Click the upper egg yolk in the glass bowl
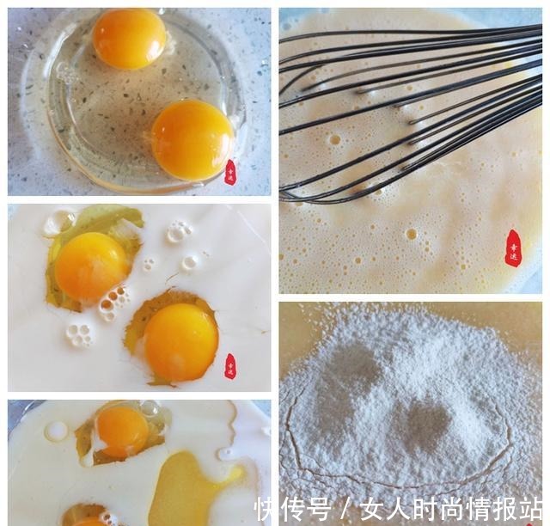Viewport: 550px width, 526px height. pos(129,38)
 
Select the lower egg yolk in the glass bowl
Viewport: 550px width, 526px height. pos(192,140)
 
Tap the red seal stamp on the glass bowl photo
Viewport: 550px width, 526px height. pos(229,172)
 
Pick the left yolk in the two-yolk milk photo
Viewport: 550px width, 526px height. pos(90,266)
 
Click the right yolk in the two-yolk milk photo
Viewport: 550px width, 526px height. pos(180,341)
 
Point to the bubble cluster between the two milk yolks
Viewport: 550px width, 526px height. pos(114,302)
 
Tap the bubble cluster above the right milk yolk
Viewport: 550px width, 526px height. pos(179,231)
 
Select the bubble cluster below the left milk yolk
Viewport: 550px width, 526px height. pos(80,335)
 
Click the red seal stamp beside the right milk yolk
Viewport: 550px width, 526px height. pos(229,366)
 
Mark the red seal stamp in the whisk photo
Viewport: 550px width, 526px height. pos(512,248)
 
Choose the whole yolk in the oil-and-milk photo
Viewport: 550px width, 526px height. pos(122,431)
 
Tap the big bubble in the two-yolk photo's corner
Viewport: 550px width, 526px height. pos(57,222)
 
